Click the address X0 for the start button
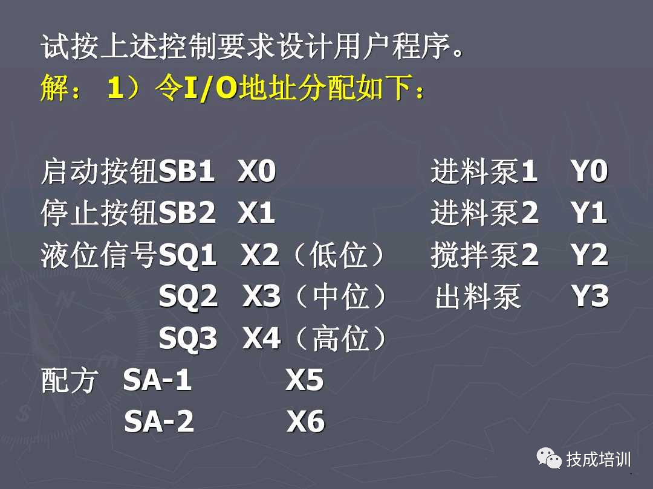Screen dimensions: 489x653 pyautogui.click(x=257, y=173)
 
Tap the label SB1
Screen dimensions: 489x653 pyautogui.click(x=187, y=173)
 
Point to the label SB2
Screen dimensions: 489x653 pyautogui.click(x=187, y=214)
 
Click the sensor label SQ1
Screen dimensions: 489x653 pyautogui.click(x=187, y=257)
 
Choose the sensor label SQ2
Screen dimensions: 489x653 pyautogui.click(x=188, y=298)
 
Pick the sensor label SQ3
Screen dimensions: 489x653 pyautogui.click(x=187, y=339)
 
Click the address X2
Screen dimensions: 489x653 pyautogui.click(x=261, y=257)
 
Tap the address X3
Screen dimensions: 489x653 pyautogui.click(x=262, y=298)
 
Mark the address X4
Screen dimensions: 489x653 pyautogui.click(x=262, y=339)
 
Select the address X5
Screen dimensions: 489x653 pyautogui.click(x=305, y=381)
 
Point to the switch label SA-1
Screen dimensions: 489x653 pyautogui.click(x=158, y=381)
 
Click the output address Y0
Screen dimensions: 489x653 pyautogui.click(x=590, y=173)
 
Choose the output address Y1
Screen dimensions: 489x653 pyautogui.click(x=590, y=214)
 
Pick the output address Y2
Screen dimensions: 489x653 pyautogui.click(x=590, y=257)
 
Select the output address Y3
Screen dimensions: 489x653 pyautogui.click(x=590, y=298)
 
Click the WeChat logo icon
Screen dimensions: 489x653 pyautogui.click(x=549, y=459)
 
